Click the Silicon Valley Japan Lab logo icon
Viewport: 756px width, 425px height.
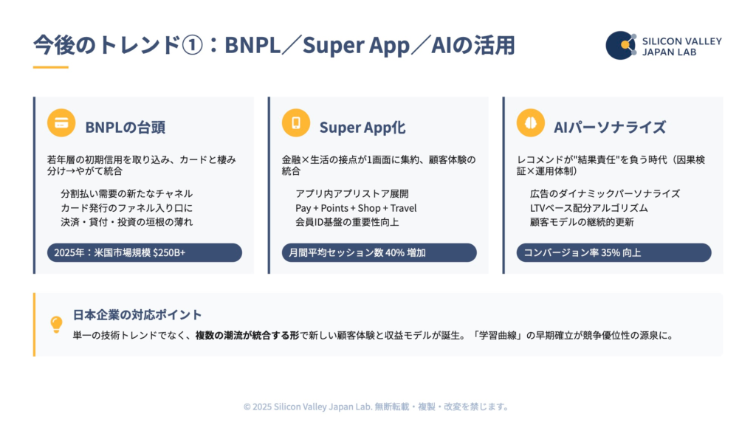click(x=621, y=45)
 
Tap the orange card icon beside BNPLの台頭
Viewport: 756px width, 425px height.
click(x=61, y=123)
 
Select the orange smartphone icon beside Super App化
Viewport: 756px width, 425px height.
click(x=296, y=123)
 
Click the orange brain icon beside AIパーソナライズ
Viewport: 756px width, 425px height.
click(x=531, y=123)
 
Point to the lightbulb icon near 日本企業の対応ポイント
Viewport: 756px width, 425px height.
click(x=56, y=323)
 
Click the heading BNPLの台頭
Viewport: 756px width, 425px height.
click(x=125, y=127)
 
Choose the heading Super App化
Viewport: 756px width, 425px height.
click(x=362, y=127)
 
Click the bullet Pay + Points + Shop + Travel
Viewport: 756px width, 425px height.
click(x=356, y=208)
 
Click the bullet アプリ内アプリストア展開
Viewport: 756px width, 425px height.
click(x=351, y=194)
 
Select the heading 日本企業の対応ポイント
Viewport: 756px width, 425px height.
click(x=137, y=315)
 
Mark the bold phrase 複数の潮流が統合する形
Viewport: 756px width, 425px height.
click(x=247, y=335)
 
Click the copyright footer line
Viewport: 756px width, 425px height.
click(x=377, y=407)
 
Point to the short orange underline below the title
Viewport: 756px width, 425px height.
click(x=50, y=67)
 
